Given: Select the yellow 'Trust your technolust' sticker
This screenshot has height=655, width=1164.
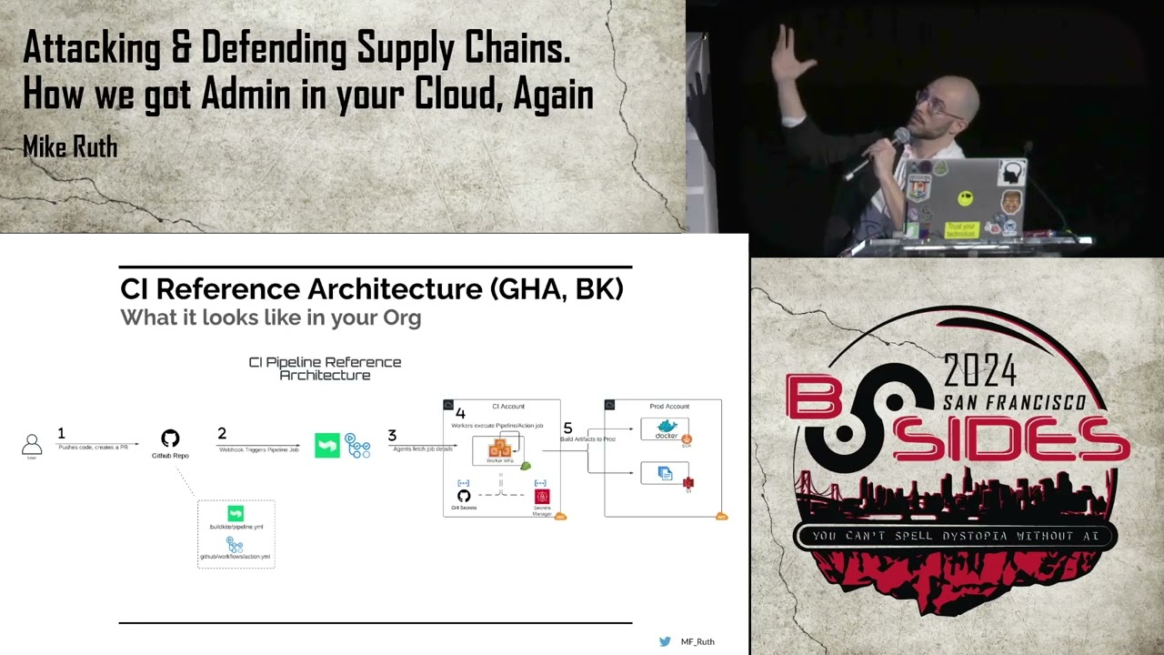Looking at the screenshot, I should click(x=961, y=229).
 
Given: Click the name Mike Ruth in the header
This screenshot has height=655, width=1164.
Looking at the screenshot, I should click(x=70, y=146).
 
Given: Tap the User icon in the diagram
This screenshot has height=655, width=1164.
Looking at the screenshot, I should click(x=32, y=444).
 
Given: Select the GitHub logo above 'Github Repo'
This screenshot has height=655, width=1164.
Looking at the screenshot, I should click(x=170, y=438).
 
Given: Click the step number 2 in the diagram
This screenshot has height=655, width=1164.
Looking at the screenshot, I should click(x=221, y=434).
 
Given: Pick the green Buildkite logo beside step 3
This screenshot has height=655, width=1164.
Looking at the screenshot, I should click(x=327, y=445).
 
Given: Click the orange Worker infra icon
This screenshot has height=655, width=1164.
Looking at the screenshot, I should click(x=499, y=448).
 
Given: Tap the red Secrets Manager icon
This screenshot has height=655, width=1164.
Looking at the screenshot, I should click(x=542, y=497).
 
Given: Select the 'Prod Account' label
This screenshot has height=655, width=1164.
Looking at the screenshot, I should click(x=669, y=407).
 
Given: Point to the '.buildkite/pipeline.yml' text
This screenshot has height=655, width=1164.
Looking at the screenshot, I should click(x=236, y=527).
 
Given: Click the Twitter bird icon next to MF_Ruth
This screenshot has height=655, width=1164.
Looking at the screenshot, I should click(x=665, y=641).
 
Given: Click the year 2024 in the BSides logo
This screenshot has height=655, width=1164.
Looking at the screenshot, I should click(x=979, y=371).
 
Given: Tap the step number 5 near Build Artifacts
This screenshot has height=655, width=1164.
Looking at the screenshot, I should click(x=567, y=428).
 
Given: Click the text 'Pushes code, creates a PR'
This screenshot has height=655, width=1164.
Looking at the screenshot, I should click(x=93, y=448).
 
